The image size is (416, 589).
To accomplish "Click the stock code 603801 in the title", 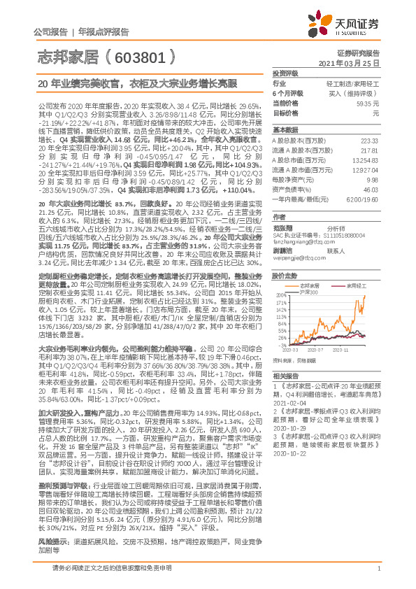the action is tap(142, 55).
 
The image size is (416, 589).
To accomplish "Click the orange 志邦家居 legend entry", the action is tap(311, 285).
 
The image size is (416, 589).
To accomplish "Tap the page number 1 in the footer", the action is tap(378, 577).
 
